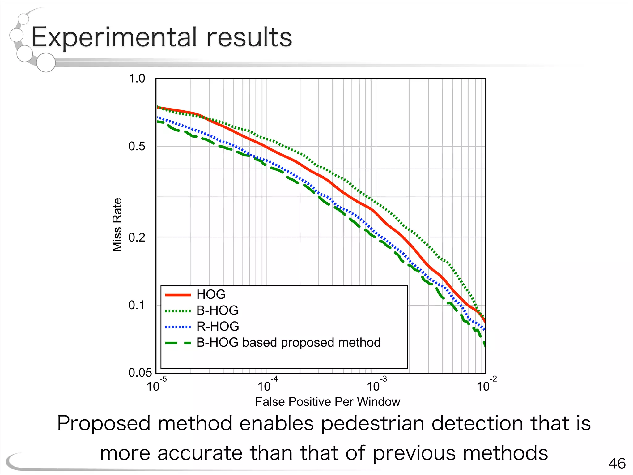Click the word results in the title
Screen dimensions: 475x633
(x=249, y=37)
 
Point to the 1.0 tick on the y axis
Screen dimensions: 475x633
(x=137, y=79)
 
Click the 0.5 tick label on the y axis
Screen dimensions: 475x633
(x=137, y=146)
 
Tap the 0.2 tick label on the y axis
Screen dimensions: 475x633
(x=137, y=237)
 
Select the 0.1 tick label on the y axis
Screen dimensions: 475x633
(x=137, y=305)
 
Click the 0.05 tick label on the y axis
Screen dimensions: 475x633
(x=140, y=373)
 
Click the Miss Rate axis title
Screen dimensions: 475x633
(x=117, y=225)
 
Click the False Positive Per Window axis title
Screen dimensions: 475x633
(x=328, y=402)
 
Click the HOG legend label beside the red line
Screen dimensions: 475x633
(x=211, y=294)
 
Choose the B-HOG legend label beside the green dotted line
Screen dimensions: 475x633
(x=217, y=310)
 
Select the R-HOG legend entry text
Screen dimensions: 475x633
(x=218, y=327)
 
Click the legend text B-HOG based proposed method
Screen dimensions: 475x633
(x=288, y=343)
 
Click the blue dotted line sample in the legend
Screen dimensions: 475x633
(x=178, y=327)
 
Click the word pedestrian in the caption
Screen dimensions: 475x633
(x=372, y=423)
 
